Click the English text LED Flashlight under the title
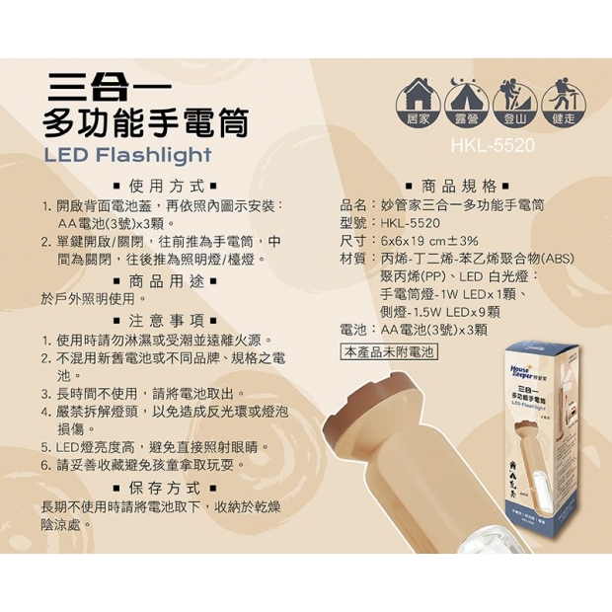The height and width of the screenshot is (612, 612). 128,155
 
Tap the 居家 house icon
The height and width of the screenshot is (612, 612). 418,98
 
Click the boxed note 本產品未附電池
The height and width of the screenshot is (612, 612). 388,351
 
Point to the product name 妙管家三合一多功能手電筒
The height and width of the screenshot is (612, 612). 462,205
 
